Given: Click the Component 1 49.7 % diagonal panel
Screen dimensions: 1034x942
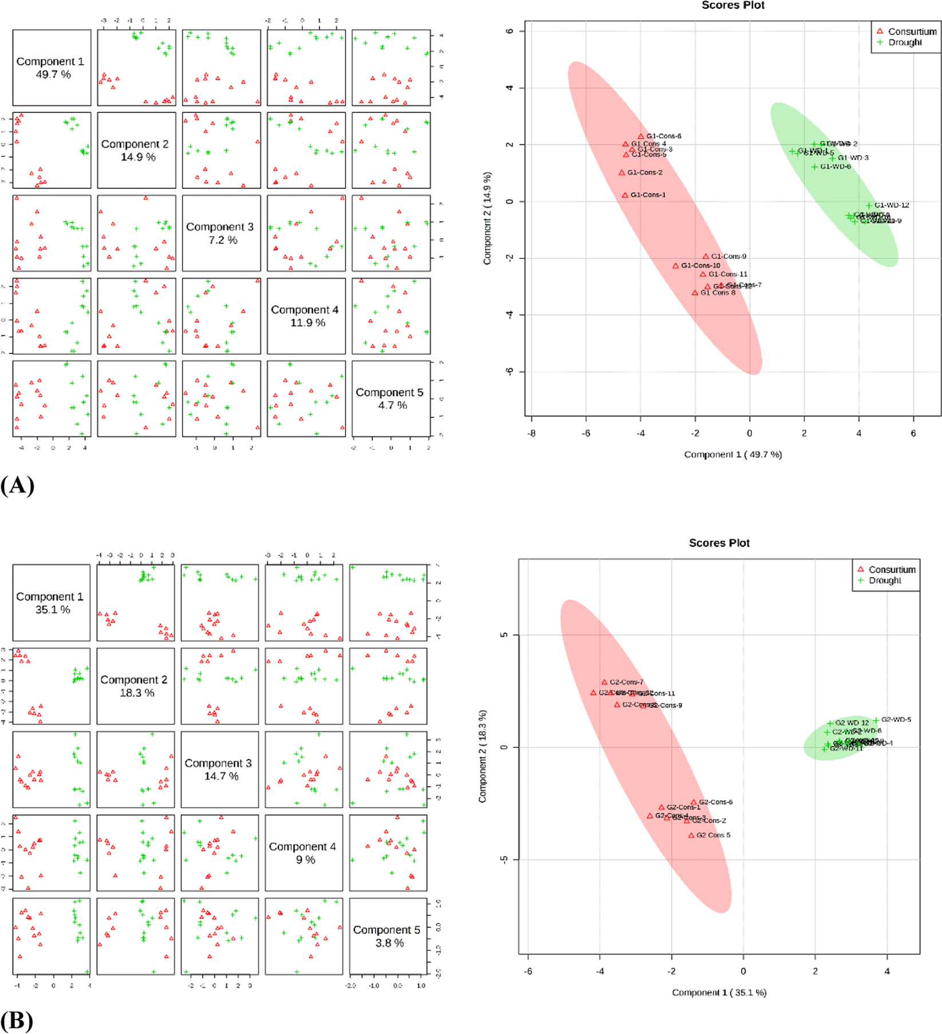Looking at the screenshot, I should pyautogui.click(x=52, y=68).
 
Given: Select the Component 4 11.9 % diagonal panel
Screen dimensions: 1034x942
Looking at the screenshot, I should pyautogui.click(x=306, y=316).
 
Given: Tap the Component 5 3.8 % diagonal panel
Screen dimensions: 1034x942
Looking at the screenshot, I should pyautogui.click(x=389, y=936).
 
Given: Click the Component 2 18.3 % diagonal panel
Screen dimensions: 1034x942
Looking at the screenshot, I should pyautogui.click(x=136, y=686).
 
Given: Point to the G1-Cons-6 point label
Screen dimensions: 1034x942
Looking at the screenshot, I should pyautogui.click(x=664, y=136).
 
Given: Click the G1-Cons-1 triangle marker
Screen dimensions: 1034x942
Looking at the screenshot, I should pyautogui.click(x=625, y=195).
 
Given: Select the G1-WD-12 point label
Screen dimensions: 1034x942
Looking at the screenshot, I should pyautogui.click(x=892, y=205).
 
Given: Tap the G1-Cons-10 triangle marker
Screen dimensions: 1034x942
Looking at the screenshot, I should pyautogui.click(x=676, y=266).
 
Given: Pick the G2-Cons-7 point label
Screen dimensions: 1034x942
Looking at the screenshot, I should pyautogui.click(x=626, y=682).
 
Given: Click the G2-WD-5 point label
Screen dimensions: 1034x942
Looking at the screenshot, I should pyautogui.click(x=896, y=720).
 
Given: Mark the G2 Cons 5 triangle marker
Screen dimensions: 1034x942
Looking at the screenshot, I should pyautogui.click(x=691, y=835).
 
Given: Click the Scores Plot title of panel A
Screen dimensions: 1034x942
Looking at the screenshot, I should pyautogui.click(x=733, y=6).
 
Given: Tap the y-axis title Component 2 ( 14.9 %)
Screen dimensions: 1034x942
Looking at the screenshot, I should pyautogui.click(x=487, y=218).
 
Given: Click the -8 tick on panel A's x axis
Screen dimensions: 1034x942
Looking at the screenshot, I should pyautogui.click(x=532, y=433).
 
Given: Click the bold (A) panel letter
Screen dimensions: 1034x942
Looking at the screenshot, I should pyautogui.click(x=17, y=486).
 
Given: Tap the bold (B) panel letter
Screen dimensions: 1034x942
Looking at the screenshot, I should pyautogui.click(x=17, y=1021).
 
